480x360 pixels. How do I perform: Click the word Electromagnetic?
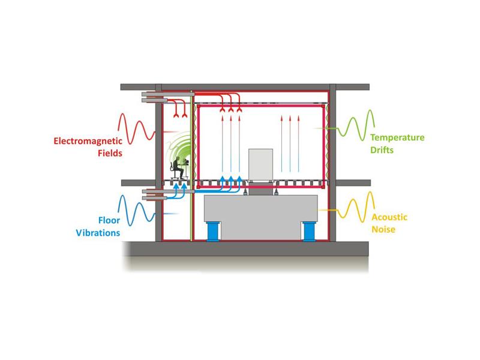(88, 141)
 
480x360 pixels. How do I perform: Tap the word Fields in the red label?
(110, 153)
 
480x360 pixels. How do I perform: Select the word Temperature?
(397, 138)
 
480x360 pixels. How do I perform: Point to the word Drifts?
(382, 149)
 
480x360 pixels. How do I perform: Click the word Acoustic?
(389, 217)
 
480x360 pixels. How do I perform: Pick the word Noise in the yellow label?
(383, 229)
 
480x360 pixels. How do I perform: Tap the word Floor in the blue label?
(109, 220)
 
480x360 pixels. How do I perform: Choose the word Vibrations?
(98, 233)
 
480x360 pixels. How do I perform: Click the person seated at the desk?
(178, 168)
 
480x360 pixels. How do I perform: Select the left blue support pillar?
(213, 231)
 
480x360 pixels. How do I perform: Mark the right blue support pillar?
(308, 231)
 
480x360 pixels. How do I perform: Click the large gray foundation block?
(261, 217)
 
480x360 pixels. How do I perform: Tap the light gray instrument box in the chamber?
(260, 164)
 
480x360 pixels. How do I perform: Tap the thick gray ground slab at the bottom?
(245, 248)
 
